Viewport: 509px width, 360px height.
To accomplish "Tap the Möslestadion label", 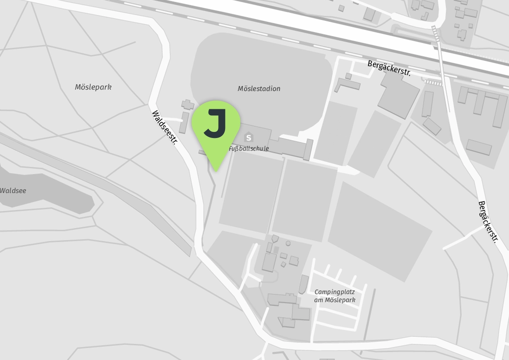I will [x=259, y=89].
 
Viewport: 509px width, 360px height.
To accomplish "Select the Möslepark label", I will [x=93, y=87].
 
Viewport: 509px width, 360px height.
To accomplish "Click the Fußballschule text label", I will [x=249, y=149].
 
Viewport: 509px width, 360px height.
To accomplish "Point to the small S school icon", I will [x=249, y=138].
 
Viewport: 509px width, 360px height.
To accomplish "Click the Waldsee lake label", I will [x=13, y=191].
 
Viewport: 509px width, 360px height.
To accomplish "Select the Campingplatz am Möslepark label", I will [x=335, y=296].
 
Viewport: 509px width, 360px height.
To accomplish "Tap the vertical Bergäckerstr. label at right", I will [x=487, y=222].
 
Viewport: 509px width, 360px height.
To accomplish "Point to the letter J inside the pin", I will [x=215, y=124].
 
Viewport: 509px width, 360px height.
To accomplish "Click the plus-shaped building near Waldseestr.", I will [x=188, y=105].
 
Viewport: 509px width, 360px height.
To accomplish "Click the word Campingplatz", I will [x=335, y=292].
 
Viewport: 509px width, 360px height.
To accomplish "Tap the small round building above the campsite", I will [x=288, y=243].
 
